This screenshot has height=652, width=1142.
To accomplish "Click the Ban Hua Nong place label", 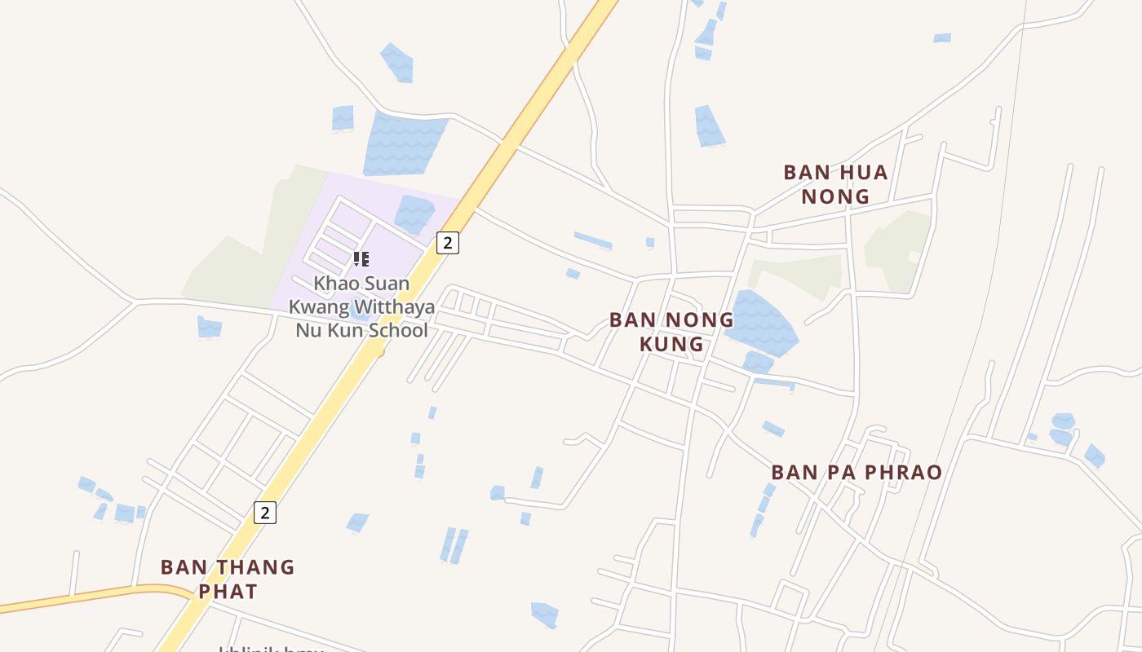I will (835, 184).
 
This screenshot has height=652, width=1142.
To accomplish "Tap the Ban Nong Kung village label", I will (671, 332).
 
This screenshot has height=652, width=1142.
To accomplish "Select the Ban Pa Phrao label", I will (856, 473).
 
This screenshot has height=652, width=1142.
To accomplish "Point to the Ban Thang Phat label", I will (228, 579).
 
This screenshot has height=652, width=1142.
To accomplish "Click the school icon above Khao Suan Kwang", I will (361, 260).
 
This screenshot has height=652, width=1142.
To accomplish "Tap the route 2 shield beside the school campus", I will (447, 242).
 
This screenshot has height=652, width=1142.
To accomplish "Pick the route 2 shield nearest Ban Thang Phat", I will (264, 512).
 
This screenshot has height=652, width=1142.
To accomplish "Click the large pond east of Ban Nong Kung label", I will (760, 324).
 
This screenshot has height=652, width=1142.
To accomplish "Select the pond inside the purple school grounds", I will (414, 214).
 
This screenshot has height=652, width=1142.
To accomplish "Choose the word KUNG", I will (671, 344).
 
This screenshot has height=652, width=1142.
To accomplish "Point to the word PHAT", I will (228, 591).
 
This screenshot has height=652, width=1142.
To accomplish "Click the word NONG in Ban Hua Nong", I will (835, 196).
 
